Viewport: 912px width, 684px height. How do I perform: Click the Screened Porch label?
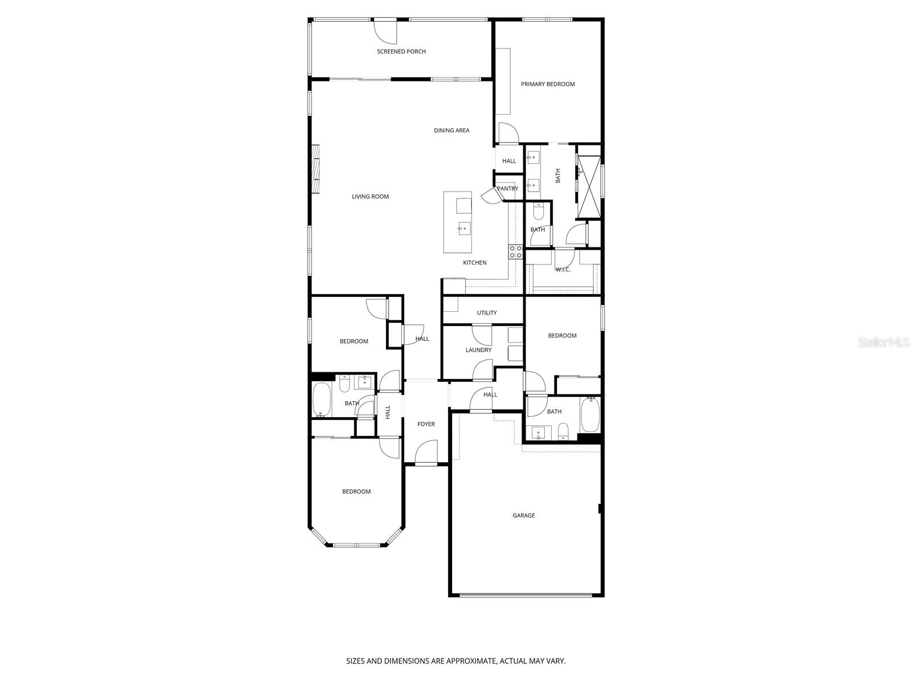click(401, 52)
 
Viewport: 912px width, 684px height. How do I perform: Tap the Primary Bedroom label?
click(548, 84)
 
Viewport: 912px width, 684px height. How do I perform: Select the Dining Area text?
click(451, 131)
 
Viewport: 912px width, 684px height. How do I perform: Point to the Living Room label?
click(370, 197)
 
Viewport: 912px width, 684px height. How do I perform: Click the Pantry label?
click(507, 189)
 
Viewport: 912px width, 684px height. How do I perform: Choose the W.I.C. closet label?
click(563, 270)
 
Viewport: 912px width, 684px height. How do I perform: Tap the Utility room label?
click(487, 313)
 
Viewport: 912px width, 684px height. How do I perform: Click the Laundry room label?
click(478, 350)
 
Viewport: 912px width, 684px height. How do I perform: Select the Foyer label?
click(426, 424)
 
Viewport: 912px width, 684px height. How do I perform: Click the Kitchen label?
click(474, 263)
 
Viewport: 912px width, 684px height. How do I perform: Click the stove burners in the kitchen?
click(515, 252)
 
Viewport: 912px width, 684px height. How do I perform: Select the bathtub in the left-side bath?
click(322, 400)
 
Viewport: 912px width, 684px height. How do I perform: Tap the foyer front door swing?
click(426, 453)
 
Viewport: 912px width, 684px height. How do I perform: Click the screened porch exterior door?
click(385, 32)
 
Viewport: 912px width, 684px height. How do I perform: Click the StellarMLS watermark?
click(882, 343)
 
